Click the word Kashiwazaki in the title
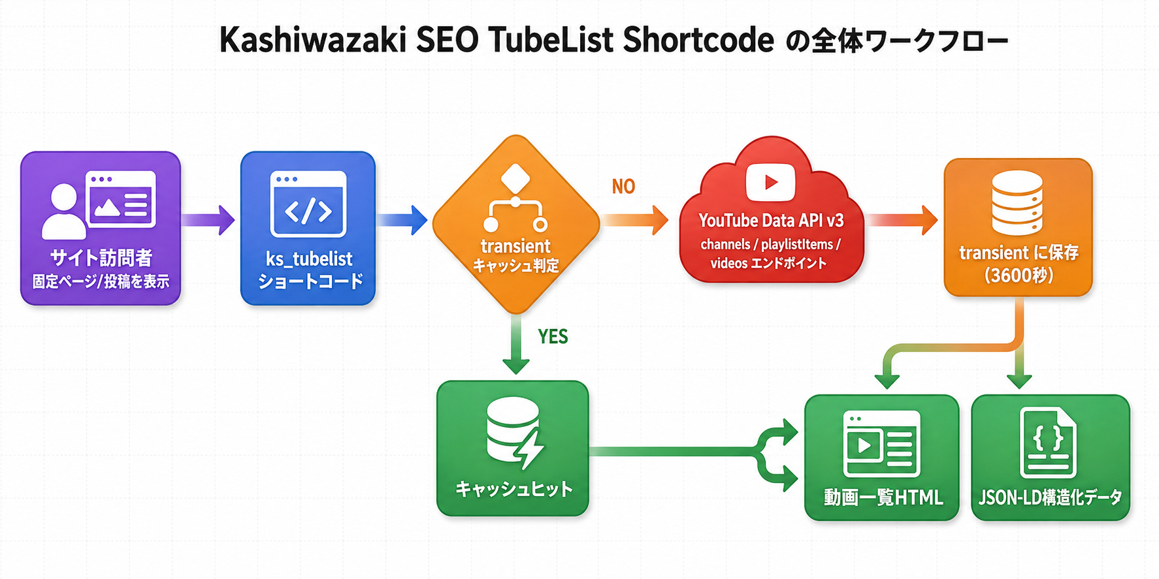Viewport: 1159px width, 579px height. (312, 40)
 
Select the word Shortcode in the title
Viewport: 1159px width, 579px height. (698, 40)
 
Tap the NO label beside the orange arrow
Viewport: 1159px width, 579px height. (623, 187)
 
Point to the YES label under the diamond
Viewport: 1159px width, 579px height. (553, 336)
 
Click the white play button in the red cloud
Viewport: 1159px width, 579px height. (771, 182)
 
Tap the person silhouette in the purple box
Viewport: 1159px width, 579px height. (63, 211)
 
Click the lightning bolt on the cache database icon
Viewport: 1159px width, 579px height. (529, 449)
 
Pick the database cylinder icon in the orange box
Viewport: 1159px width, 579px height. (1017, 202)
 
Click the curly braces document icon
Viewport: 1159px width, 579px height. (1049, 443)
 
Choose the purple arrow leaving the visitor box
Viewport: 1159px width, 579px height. (208, 220)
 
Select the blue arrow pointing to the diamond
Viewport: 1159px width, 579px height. (402, 220)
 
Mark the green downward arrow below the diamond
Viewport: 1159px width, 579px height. (516, 344)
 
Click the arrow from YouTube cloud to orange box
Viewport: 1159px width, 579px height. (902, 220)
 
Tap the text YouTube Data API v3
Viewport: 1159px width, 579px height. (771, 221)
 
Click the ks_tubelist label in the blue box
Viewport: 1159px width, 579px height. (309, 259)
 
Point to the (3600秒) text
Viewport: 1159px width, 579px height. (1019, 275)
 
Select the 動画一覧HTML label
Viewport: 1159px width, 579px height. (883, 498)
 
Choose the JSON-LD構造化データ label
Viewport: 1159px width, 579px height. (1050, 497)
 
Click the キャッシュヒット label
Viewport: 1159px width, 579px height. (514, 489)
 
